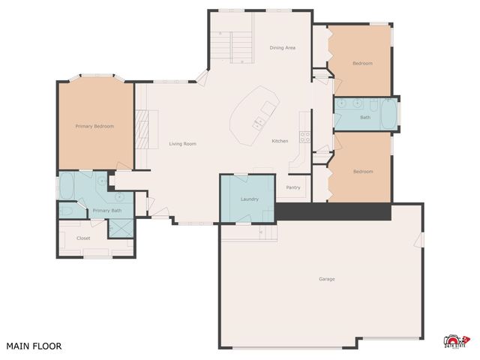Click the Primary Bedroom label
(94, 126)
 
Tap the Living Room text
(182, 143)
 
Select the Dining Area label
(283, 47)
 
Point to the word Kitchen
(280, 141)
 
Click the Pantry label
(293, 187)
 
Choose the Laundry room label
(250, 199)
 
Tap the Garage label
(327, 279)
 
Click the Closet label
(83, 238)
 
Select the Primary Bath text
(107, 211)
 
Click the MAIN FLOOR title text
(34, 346)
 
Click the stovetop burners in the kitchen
(305, 136)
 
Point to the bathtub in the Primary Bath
(66, 186)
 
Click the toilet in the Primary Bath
(65, 212)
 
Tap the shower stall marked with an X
(121, 227)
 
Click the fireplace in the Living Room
(142, 128)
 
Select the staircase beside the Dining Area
(225, 46)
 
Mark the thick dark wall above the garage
(334, 211)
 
